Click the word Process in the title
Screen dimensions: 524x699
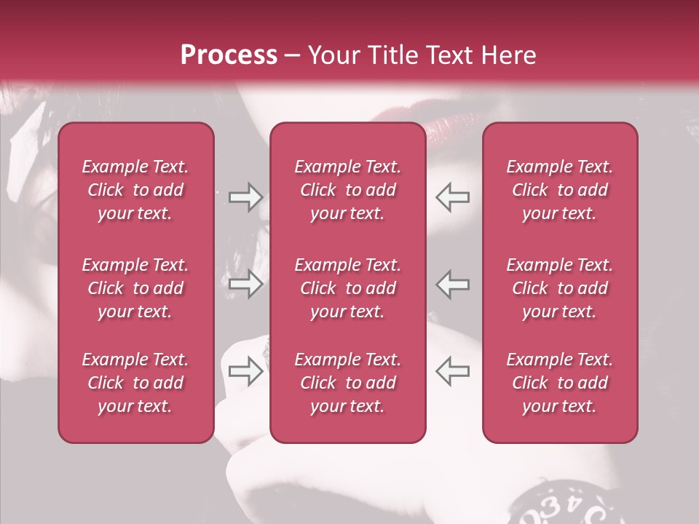click(x=229, y=55)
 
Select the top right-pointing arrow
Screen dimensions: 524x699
click(x=245, y=197)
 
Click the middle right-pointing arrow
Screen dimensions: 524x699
click(x=245, y=284)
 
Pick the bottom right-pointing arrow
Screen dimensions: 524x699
click(x=245, y=370)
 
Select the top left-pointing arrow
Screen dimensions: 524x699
click(x=452, y=197)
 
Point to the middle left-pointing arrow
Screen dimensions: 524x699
click(x=452, y=284)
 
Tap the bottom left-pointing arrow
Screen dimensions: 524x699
click(x=452, y=370)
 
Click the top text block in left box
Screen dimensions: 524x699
click(x=135, y=190)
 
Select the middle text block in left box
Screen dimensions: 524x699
click(x=135, y=288)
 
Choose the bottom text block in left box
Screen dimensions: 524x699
click(x=135, y=383)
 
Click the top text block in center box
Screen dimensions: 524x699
click(x=347, y=190)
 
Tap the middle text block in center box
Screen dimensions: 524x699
click(x=347, y=288)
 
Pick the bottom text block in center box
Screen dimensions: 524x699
click(x=347, y=383)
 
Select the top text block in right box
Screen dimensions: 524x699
click(x=559, y=190)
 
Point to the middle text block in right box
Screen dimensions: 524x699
click(x=559, y=288)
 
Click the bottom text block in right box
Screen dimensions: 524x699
click(x=559, y=383)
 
